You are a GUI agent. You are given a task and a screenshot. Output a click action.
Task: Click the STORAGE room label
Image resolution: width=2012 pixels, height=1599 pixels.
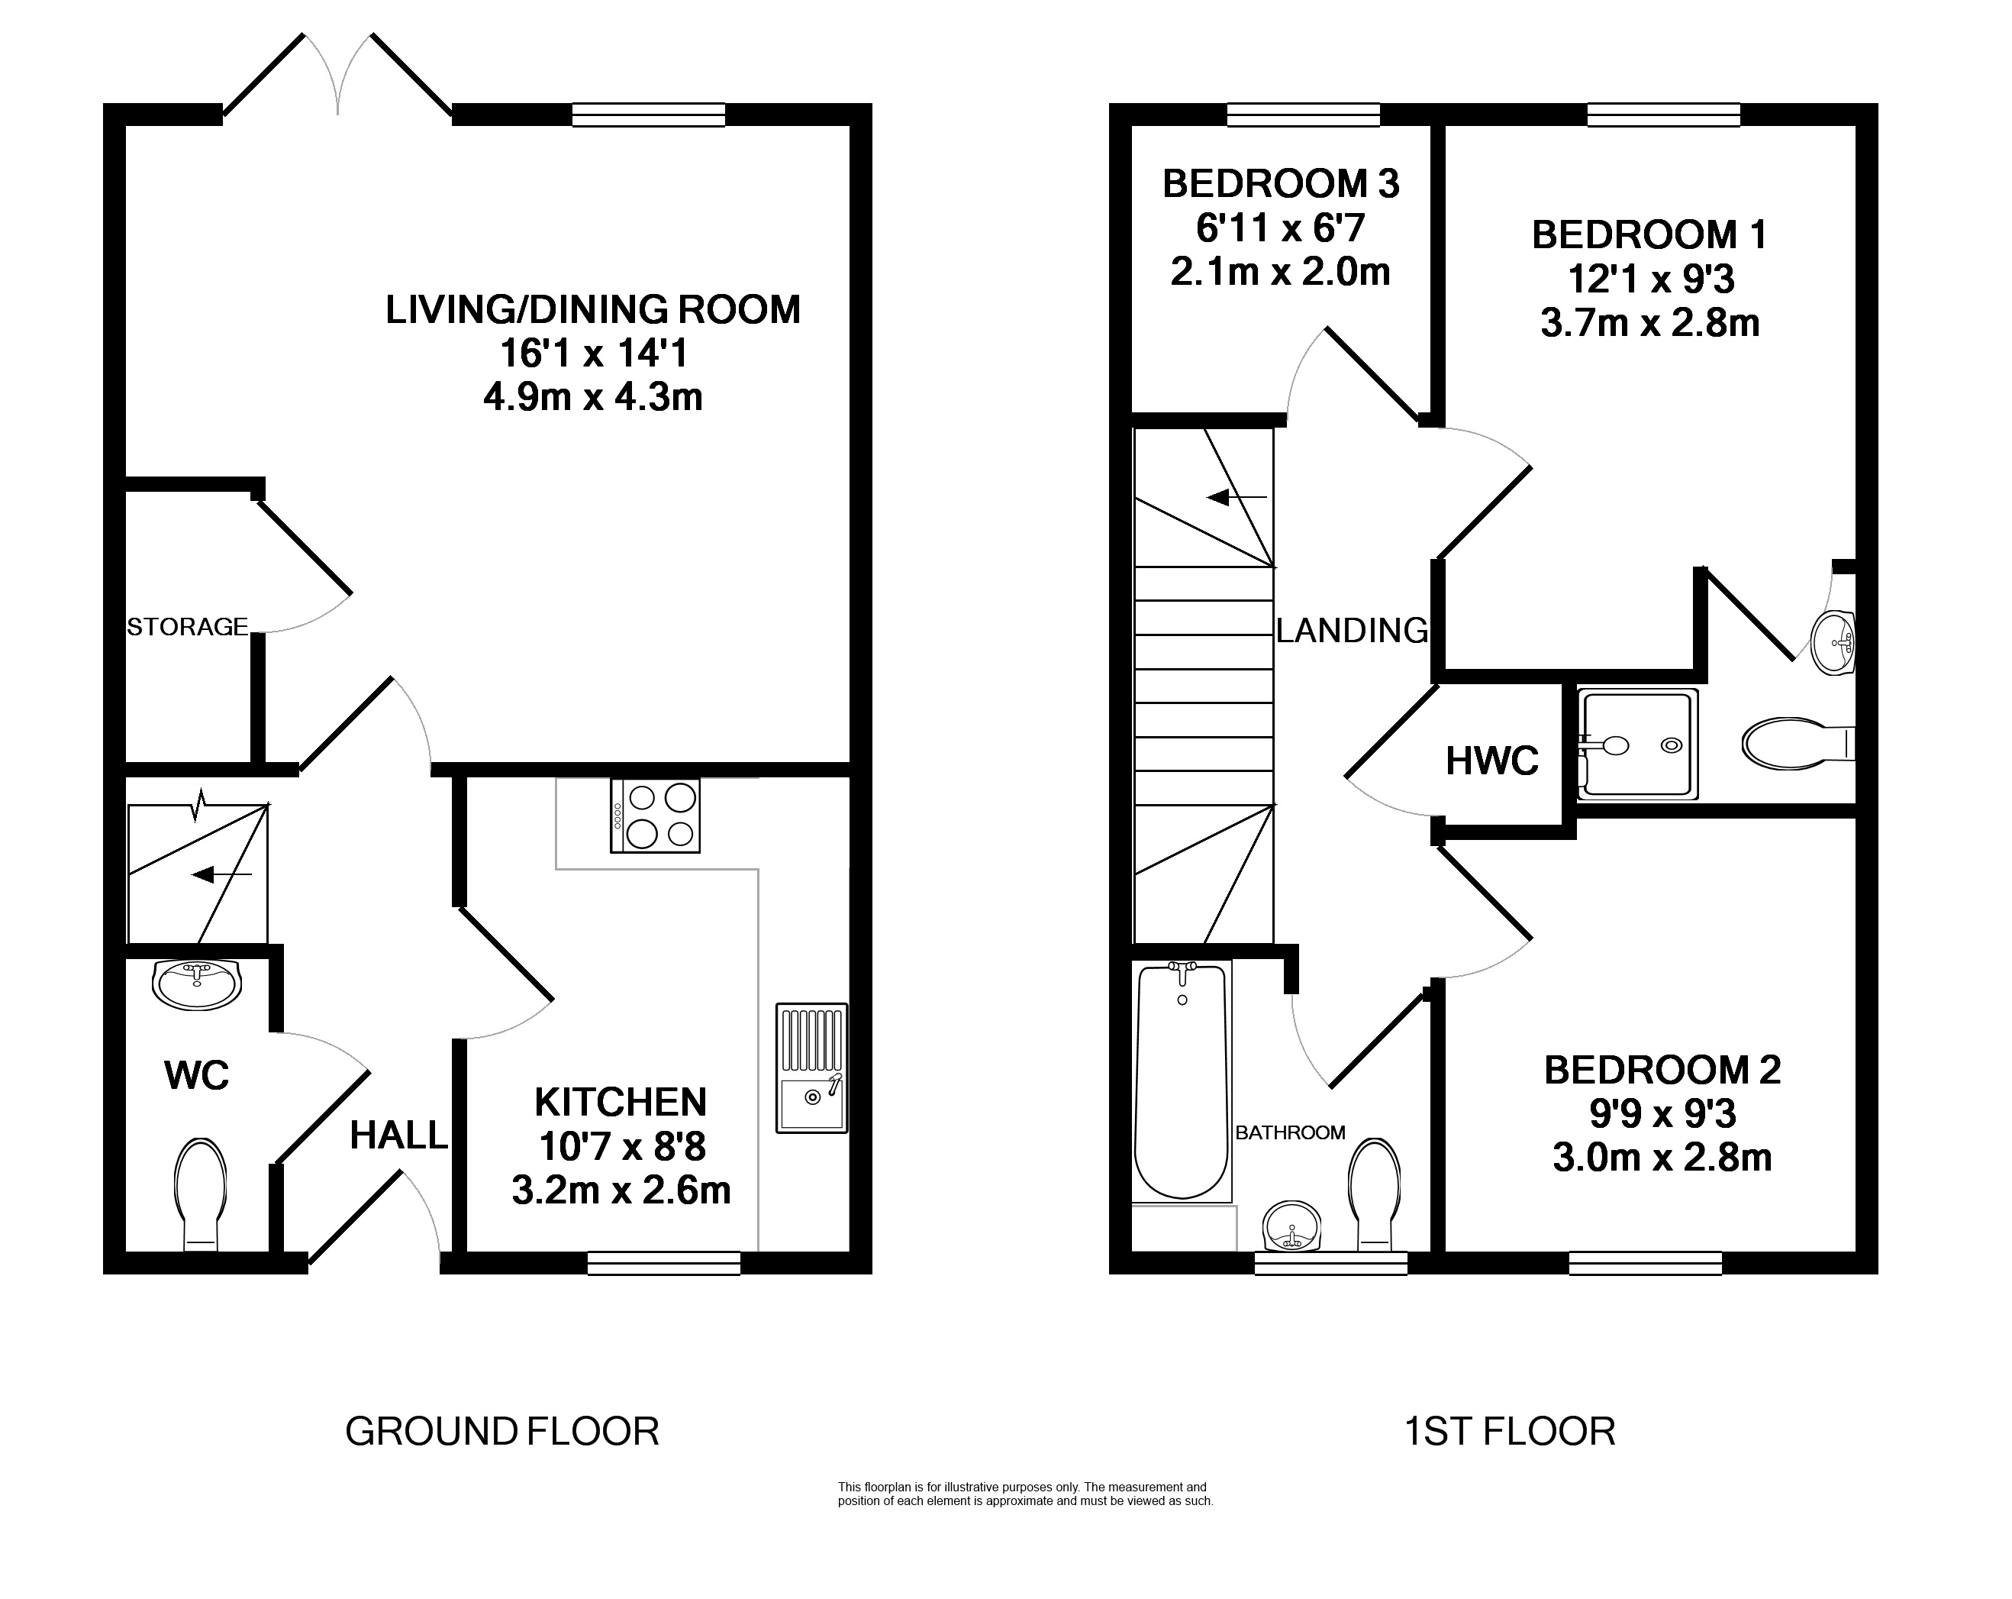pos(188,627)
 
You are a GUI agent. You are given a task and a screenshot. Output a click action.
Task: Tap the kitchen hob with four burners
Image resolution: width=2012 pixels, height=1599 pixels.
pos(655,815)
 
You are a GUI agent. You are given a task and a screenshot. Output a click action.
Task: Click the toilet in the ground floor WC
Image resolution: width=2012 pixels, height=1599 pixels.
pos(201,1194)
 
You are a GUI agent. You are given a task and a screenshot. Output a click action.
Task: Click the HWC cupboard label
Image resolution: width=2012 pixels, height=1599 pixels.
pos(1492,761)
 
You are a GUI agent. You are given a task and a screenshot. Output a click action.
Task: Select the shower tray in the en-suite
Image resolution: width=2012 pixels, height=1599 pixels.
pos(1637,744)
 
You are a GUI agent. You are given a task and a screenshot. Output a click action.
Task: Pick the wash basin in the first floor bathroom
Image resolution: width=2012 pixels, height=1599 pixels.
pos(1292,1226)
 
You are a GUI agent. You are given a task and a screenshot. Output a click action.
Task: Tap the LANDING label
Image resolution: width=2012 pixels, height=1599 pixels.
pos(1353,631)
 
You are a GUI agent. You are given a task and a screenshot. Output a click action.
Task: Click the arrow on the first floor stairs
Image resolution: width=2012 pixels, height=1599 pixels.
pos(1237,498)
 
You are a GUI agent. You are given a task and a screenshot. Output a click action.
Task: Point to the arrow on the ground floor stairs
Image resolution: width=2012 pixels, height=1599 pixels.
pos(221,874)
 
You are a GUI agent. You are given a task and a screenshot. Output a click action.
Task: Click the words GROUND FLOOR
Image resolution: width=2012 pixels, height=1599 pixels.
pos(502,1431)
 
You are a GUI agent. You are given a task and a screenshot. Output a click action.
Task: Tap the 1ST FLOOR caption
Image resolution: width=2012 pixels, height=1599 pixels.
pos(1510,1431)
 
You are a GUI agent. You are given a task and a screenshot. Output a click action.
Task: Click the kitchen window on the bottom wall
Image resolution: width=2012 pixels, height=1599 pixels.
pos(665,1263)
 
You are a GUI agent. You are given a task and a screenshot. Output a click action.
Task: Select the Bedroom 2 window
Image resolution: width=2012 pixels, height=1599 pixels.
pos(1646,1263)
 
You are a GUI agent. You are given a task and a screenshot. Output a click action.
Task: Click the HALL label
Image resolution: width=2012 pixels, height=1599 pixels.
pos(398,1135)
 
